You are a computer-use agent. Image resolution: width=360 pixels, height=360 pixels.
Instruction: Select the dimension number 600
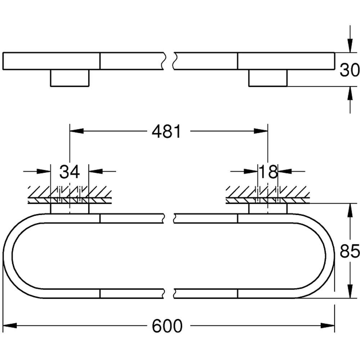tap(167, 326)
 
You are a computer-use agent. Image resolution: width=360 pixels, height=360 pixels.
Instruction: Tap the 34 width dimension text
tap(69, 172)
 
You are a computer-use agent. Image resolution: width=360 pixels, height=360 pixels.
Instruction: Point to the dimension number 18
tap(268, 172)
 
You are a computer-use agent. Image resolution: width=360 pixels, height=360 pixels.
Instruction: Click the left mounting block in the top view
tap(69, 78)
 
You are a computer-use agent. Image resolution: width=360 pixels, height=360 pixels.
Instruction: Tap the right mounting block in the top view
tap(268, 78)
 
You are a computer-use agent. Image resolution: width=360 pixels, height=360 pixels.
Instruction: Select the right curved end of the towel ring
tap(330, 256)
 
